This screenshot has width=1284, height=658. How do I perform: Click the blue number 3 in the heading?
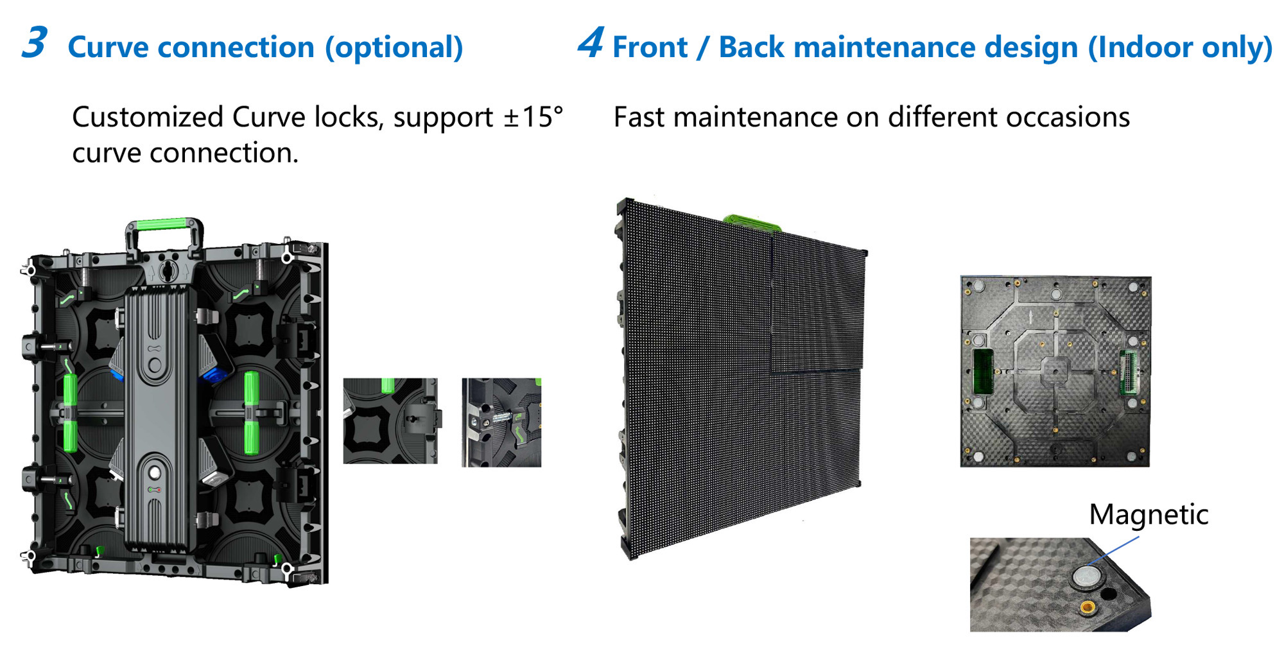tap(35, 43)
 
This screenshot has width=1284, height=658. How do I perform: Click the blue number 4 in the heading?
tap(591, 42)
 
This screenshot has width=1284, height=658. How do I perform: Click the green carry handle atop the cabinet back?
tap(165, 225)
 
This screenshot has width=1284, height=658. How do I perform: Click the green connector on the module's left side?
tap(983, 372)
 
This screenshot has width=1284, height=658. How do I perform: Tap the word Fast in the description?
tap(639, 117)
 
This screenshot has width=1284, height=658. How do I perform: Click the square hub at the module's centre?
tap(1055, 372)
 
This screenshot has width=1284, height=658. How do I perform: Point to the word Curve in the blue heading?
tap(107, 48)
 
